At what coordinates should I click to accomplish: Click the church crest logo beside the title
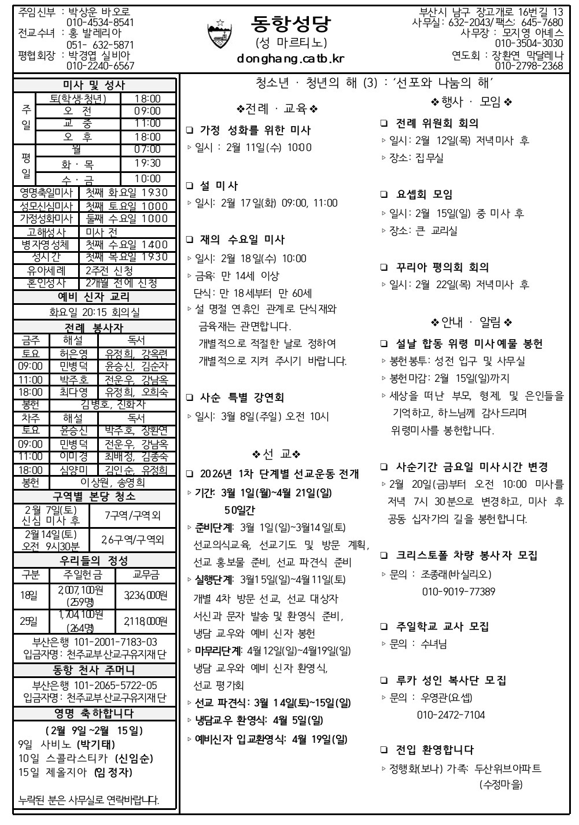(x=219, y=35)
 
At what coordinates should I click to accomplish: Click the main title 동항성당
(x=290, y=24)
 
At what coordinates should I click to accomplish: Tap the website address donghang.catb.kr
(x=290, y=58)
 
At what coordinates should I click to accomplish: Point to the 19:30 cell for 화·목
(x=147, y=164)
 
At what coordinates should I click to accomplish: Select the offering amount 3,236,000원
(x=145, y=595)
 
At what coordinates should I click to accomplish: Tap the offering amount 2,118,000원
(x=145, y=621)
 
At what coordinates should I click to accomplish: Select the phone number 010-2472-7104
(x=451, y=715)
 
